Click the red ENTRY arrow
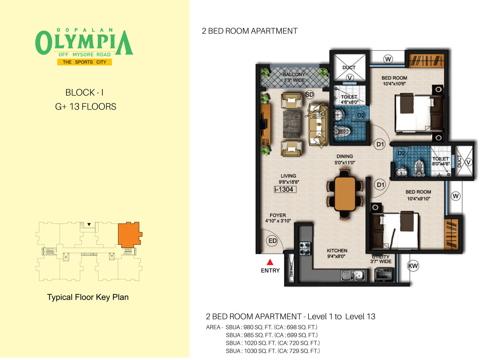(x=270, y=262)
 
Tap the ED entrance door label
(x=273, y=241)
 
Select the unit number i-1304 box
(x=285, y=190)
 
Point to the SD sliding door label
(x=309, y=94)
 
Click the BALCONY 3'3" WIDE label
(x=295, y=77)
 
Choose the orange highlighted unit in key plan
(x=129, y=234)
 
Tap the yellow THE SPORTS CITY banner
(x=84, y=62)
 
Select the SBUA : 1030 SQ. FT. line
(x=272, y=351)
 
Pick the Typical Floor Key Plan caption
(x=88, y=297)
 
